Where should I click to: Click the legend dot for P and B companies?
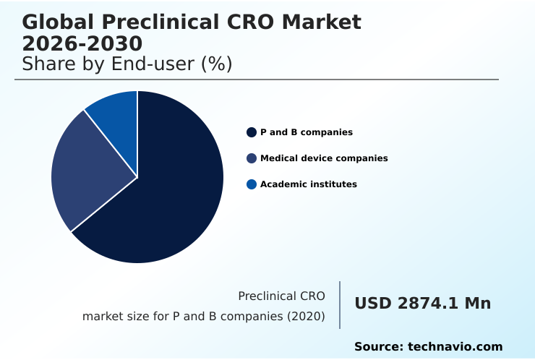(252, 132)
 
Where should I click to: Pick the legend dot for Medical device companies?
(252, 158)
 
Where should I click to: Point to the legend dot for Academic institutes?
(252, 184)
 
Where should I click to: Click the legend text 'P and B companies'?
(307, 132)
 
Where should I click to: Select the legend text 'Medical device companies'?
(324, 158)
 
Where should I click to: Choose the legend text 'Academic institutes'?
(309, 184)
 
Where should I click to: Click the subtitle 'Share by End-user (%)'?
(127, 64)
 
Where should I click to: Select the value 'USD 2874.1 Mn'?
(422, 304)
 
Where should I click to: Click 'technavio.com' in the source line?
(455, 347)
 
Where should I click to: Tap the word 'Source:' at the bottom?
(379, 347)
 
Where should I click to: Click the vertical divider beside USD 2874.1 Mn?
(340, 305)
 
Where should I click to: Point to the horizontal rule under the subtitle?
(257, 80)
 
